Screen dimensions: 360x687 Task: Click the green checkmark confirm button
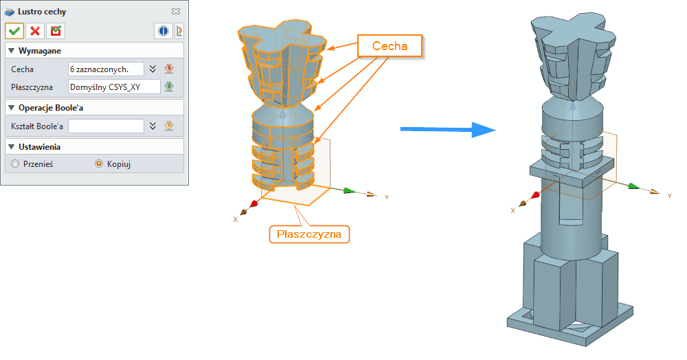[14, 31]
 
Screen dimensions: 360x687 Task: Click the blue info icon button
[164, 31]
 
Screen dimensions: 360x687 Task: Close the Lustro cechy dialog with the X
[176, 12]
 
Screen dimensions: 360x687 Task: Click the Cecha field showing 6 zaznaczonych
[106, 69]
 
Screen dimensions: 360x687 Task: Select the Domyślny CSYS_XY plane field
[113, 87]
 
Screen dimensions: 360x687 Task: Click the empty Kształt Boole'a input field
[106, 126]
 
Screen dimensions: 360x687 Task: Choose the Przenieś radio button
[16, 164]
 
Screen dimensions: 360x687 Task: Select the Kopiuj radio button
[98, 164]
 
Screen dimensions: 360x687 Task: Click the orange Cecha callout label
[390, 46]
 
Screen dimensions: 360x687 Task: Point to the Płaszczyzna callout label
[309, 234]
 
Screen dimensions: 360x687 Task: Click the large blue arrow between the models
[447, 128]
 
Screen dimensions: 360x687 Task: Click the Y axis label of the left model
[387, 197]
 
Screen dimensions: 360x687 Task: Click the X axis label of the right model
[513, 210]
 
